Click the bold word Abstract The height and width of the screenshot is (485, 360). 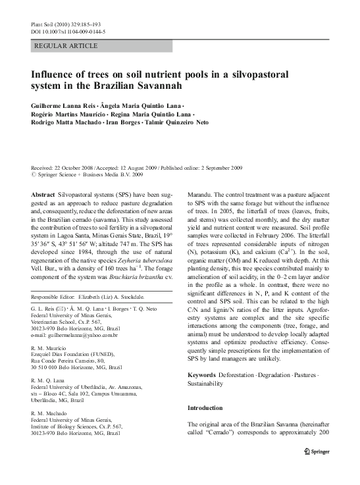point(43,197)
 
